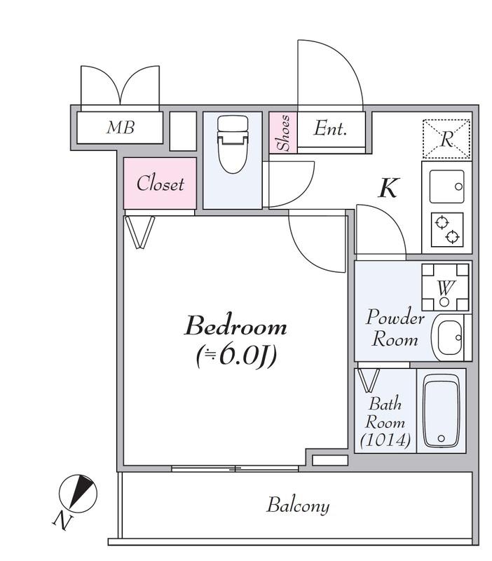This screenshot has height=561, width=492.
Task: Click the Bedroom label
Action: tap(235, 325)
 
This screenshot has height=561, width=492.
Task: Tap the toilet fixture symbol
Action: tap(233, 144)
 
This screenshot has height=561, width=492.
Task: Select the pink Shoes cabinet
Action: tap(283, 133)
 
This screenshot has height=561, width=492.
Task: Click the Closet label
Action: tap(160, 184)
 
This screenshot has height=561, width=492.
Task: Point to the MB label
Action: tap(121, 128)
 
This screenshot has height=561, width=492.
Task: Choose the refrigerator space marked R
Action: tap(446, 139)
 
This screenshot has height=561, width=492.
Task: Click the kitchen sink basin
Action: tap(447, 187)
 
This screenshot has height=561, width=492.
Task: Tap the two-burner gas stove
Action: tap(447, 230)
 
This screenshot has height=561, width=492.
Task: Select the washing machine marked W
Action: tap(445, 288)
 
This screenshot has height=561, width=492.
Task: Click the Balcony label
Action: tap(298, 505)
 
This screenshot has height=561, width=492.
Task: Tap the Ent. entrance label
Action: tap(330, 128)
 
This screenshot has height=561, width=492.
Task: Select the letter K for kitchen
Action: tap(388, 187)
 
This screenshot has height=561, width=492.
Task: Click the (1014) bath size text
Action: tap(385, 440)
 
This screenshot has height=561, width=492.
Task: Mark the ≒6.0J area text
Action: tap(236, 356)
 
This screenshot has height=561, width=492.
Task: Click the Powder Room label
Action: tap(395, 327)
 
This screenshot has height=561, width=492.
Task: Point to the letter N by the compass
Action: tap(63, 522)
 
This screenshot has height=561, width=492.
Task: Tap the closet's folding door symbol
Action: tap(139, 232)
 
